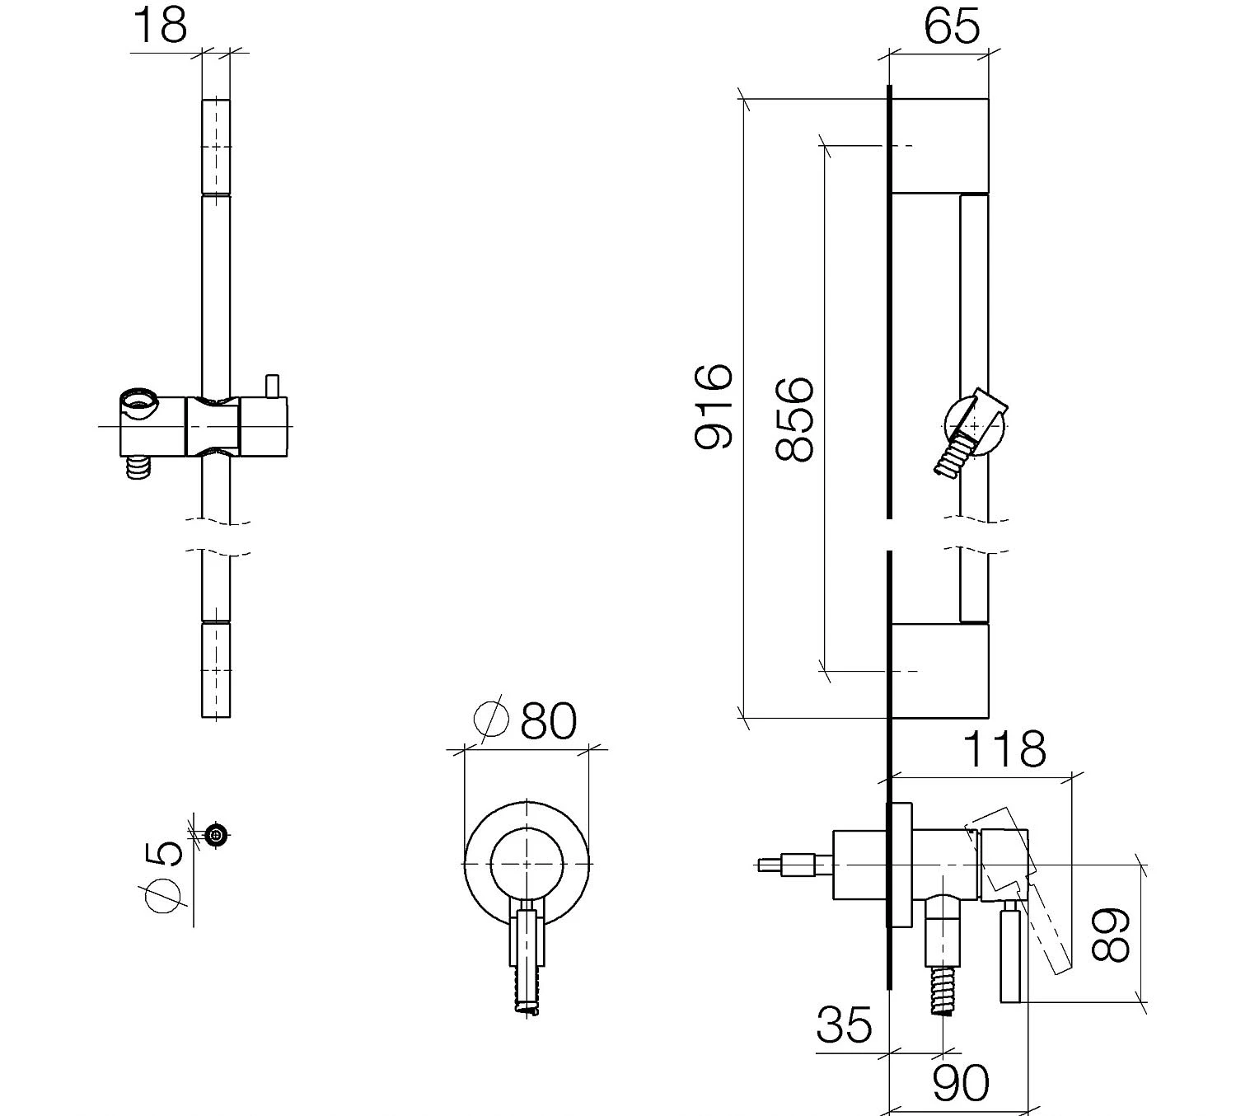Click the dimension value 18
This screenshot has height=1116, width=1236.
(160, 26)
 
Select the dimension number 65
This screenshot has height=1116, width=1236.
(952, 26)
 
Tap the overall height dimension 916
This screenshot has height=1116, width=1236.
(714, 406)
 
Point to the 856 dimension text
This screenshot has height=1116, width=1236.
(794, 420)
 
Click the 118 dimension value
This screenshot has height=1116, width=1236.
(1004, 749)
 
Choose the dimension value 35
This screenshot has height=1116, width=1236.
(844, 1025)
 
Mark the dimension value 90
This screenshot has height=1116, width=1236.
(962, 1083)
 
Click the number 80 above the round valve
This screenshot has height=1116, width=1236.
(549, 720)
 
